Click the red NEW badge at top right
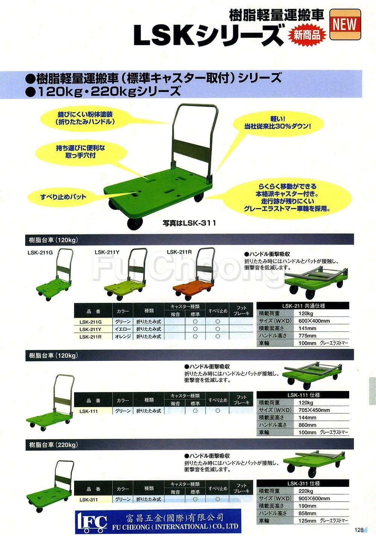pyautogui.click(x=345, y=24)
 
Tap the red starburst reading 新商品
pyautogui.click(x=307, y=36)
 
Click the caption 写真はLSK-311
pyautogui.click(x=189, y=223)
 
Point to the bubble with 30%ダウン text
pyautogui.click(x=278, y=123)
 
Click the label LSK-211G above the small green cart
pyautogui.click(x=40, y=253)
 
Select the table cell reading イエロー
pyautogui.click(x=123, y=329)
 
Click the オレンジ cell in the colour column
pyautogui.click(x=123, y=336)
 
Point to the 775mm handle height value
pyautogui.click(x=307, y=336)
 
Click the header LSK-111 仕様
pyautogui.click(x=303, y=395)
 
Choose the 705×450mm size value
pyautogui.click(x=314, y=410)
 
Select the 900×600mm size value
pyautogui.click(x=314, y=498)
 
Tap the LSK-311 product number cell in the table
pyautogui.click(x=89, y=500)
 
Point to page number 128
pyautogui.click(x=359, y=530)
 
